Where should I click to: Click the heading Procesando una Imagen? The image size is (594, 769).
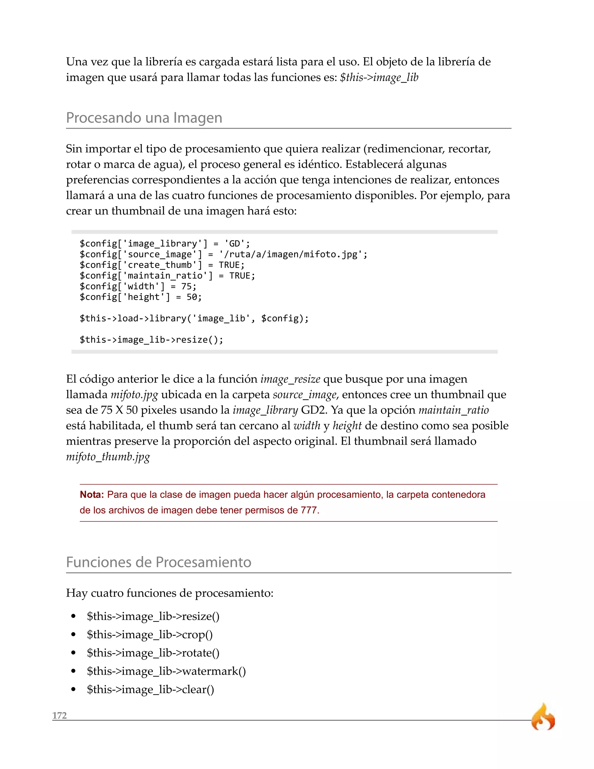144,118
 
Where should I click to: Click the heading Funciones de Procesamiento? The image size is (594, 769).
158,562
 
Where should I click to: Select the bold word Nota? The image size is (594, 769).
91,494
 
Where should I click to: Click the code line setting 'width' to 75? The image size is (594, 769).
138,286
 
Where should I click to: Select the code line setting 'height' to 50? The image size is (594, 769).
140,297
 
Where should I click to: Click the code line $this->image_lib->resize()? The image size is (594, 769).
151,340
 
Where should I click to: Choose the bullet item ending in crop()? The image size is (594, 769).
150,634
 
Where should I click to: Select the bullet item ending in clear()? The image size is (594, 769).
150,689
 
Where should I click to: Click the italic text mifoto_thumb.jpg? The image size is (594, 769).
108,456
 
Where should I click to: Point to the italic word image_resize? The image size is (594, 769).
290,379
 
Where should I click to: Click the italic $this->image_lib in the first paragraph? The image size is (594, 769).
379,77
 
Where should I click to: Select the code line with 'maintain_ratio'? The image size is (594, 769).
167,276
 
